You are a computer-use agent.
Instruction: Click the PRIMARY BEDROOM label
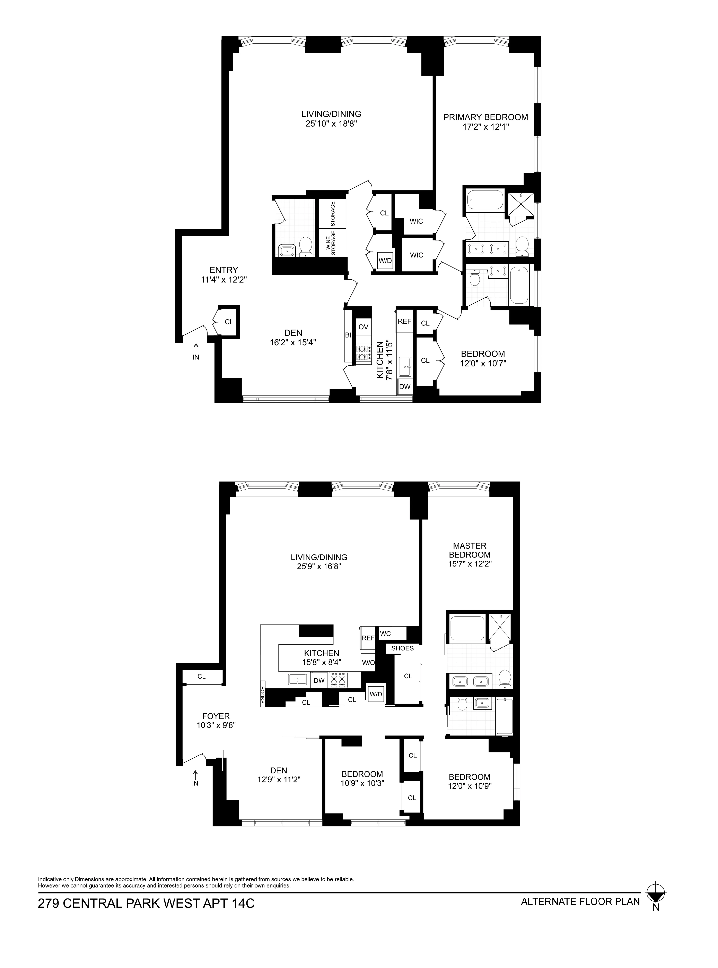485,117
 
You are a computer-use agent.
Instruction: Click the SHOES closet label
402,648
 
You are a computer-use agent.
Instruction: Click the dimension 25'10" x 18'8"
331,124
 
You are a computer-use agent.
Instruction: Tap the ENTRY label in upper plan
223,270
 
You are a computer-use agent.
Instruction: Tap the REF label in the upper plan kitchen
404,321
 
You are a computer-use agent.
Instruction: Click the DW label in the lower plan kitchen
319,680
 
